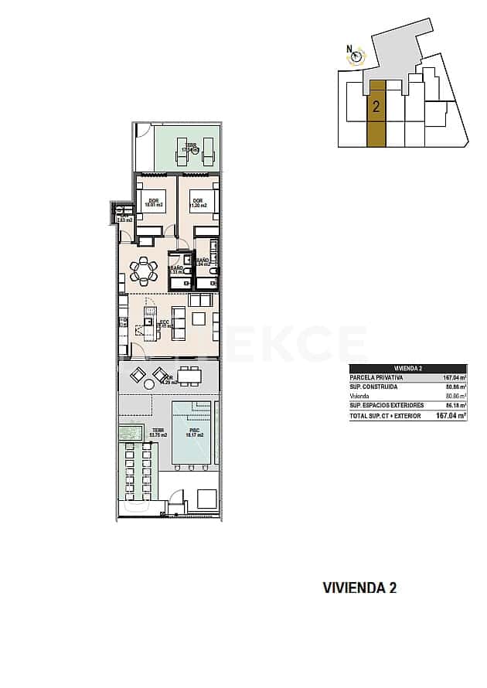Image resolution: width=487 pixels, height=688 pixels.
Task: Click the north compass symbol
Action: tap(356, 55)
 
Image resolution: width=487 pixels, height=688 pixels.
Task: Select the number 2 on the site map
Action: tap(376, 107)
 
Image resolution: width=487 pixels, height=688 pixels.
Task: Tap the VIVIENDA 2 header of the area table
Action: tap(407, 369)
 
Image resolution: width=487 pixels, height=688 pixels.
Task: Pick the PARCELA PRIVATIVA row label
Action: tap(376, 378)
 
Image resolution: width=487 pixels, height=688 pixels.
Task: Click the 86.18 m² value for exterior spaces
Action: tap(455, 406)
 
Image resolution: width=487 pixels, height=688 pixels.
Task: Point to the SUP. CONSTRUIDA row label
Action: tap(373, 387)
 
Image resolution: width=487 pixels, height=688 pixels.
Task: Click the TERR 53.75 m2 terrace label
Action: tap(158, 434)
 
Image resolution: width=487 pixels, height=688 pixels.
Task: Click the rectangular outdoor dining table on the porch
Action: tap(189, 376)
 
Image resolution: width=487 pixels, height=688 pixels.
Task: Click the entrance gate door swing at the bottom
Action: tap(177, 499)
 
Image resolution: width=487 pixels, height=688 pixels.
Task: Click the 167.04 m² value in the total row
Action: tap(451, 416)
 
